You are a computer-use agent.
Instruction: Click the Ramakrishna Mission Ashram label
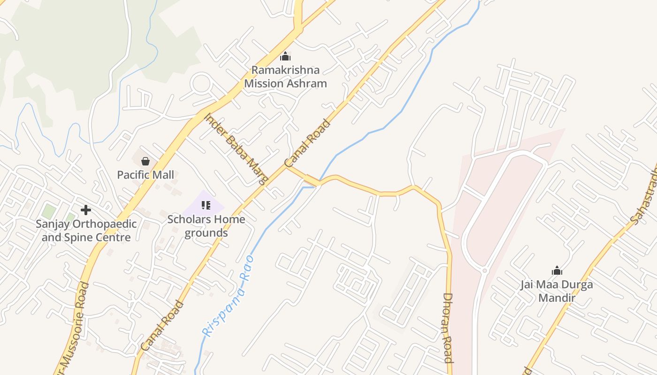[285, 77]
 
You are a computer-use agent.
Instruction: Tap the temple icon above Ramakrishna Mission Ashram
[285, 57]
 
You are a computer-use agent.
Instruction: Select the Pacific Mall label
[145, 175]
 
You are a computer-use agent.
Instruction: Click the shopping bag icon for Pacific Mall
[145, 161]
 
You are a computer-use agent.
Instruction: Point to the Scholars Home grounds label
[206, 226]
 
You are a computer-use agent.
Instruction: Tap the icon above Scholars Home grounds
[206, 205]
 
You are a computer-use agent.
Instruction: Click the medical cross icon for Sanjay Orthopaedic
[86, 210]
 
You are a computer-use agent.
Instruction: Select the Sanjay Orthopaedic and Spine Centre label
[86, 231]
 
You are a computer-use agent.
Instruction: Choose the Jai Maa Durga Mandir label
[557, 291]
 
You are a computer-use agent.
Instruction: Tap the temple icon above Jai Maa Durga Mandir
[557, 270]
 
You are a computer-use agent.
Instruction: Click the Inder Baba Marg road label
[236, 148]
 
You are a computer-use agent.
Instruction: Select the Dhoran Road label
[448, 328]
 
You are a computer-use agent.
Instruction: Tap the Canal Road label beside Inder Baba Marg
[307, 143]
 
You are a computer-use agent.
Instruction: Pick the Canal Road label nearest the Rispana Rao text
[162, 325]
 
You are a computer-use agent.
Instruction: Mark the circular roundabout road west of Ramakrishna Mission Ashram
[202, 84]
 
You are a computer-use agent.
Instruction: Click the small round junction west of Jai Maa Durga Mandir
[485, 270]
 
